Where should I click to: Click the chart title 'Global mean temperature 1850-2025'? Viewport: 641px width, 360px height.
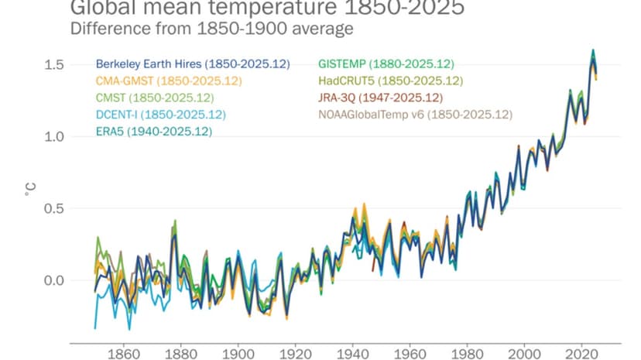pyautogui.click(x=267, y=9)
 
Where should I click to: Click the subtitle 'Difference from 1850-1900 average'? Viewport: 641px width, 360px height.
pyautogui.click(x=212, y=29)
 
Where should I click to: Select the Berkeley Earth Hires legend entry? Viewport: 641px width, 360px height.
pyautogui.click(x=192, y=64)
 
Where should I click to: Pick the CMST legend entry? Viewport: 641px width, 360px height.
pyautogui.click(x=154, y=98)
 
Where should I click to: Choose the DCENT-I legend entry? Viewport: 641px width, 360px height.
pyautogui.click(x=160, y=115)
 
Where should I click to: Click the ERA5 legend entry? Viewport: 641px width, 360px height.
pyautogui.click(x=153, y=131)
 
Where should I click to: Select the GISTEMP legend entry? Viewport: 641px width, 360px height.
pyautogui.click(x=386, y=64)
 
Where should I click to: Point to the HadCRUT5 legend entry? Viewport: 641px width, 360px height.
pyautogui.click(x=390, y=81)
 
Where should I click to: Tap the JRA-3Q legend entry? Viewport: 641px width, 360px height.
pyautogui.click(x=380, y=98)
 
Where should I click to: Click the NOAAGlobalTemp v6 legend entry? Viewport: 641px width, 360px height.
pyautogui.click(x=415, y=115)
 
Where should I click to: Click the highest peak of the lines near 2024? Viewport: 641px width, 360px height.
pyautogui.click(x=593, y=51)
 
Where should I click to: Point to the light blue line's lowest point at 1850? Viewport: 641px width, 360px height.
pyautogui.click(x=95, y=328)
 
